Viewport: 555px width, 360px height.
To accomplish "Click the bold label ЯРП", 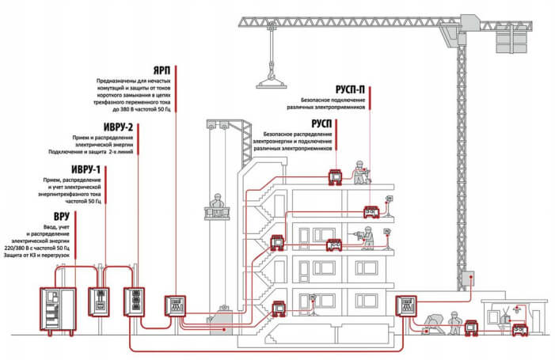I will click(x=162, y=69).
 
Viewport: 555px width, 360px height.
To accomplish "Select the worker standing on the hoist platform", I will click(x=215, y=204).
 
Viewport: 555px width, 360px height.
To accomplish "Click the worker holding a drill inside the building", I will click(x=367, y=237).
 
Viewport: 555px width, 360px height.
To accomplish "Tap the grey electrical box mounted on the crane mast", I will click(x=469, y=279).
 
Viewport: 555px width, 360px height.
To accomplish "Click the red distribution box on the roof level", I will click(x=336, y=175).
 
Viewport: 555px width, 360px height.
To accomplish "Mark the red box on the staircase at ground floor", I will click(x=279, y=308).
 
